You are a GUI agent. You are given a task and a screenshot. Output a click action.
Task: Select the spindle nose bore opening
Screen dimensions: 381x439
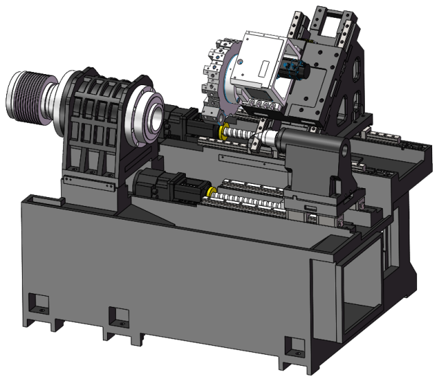[x=156, y=117]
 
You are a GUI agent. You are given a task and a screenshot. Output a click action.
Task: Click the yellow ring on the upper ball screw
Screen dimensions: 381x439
[x=222, y=131]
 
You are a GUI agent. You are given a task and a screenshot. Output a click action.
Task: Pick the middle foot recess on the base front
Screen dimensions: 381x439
[x=119, y=317]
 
